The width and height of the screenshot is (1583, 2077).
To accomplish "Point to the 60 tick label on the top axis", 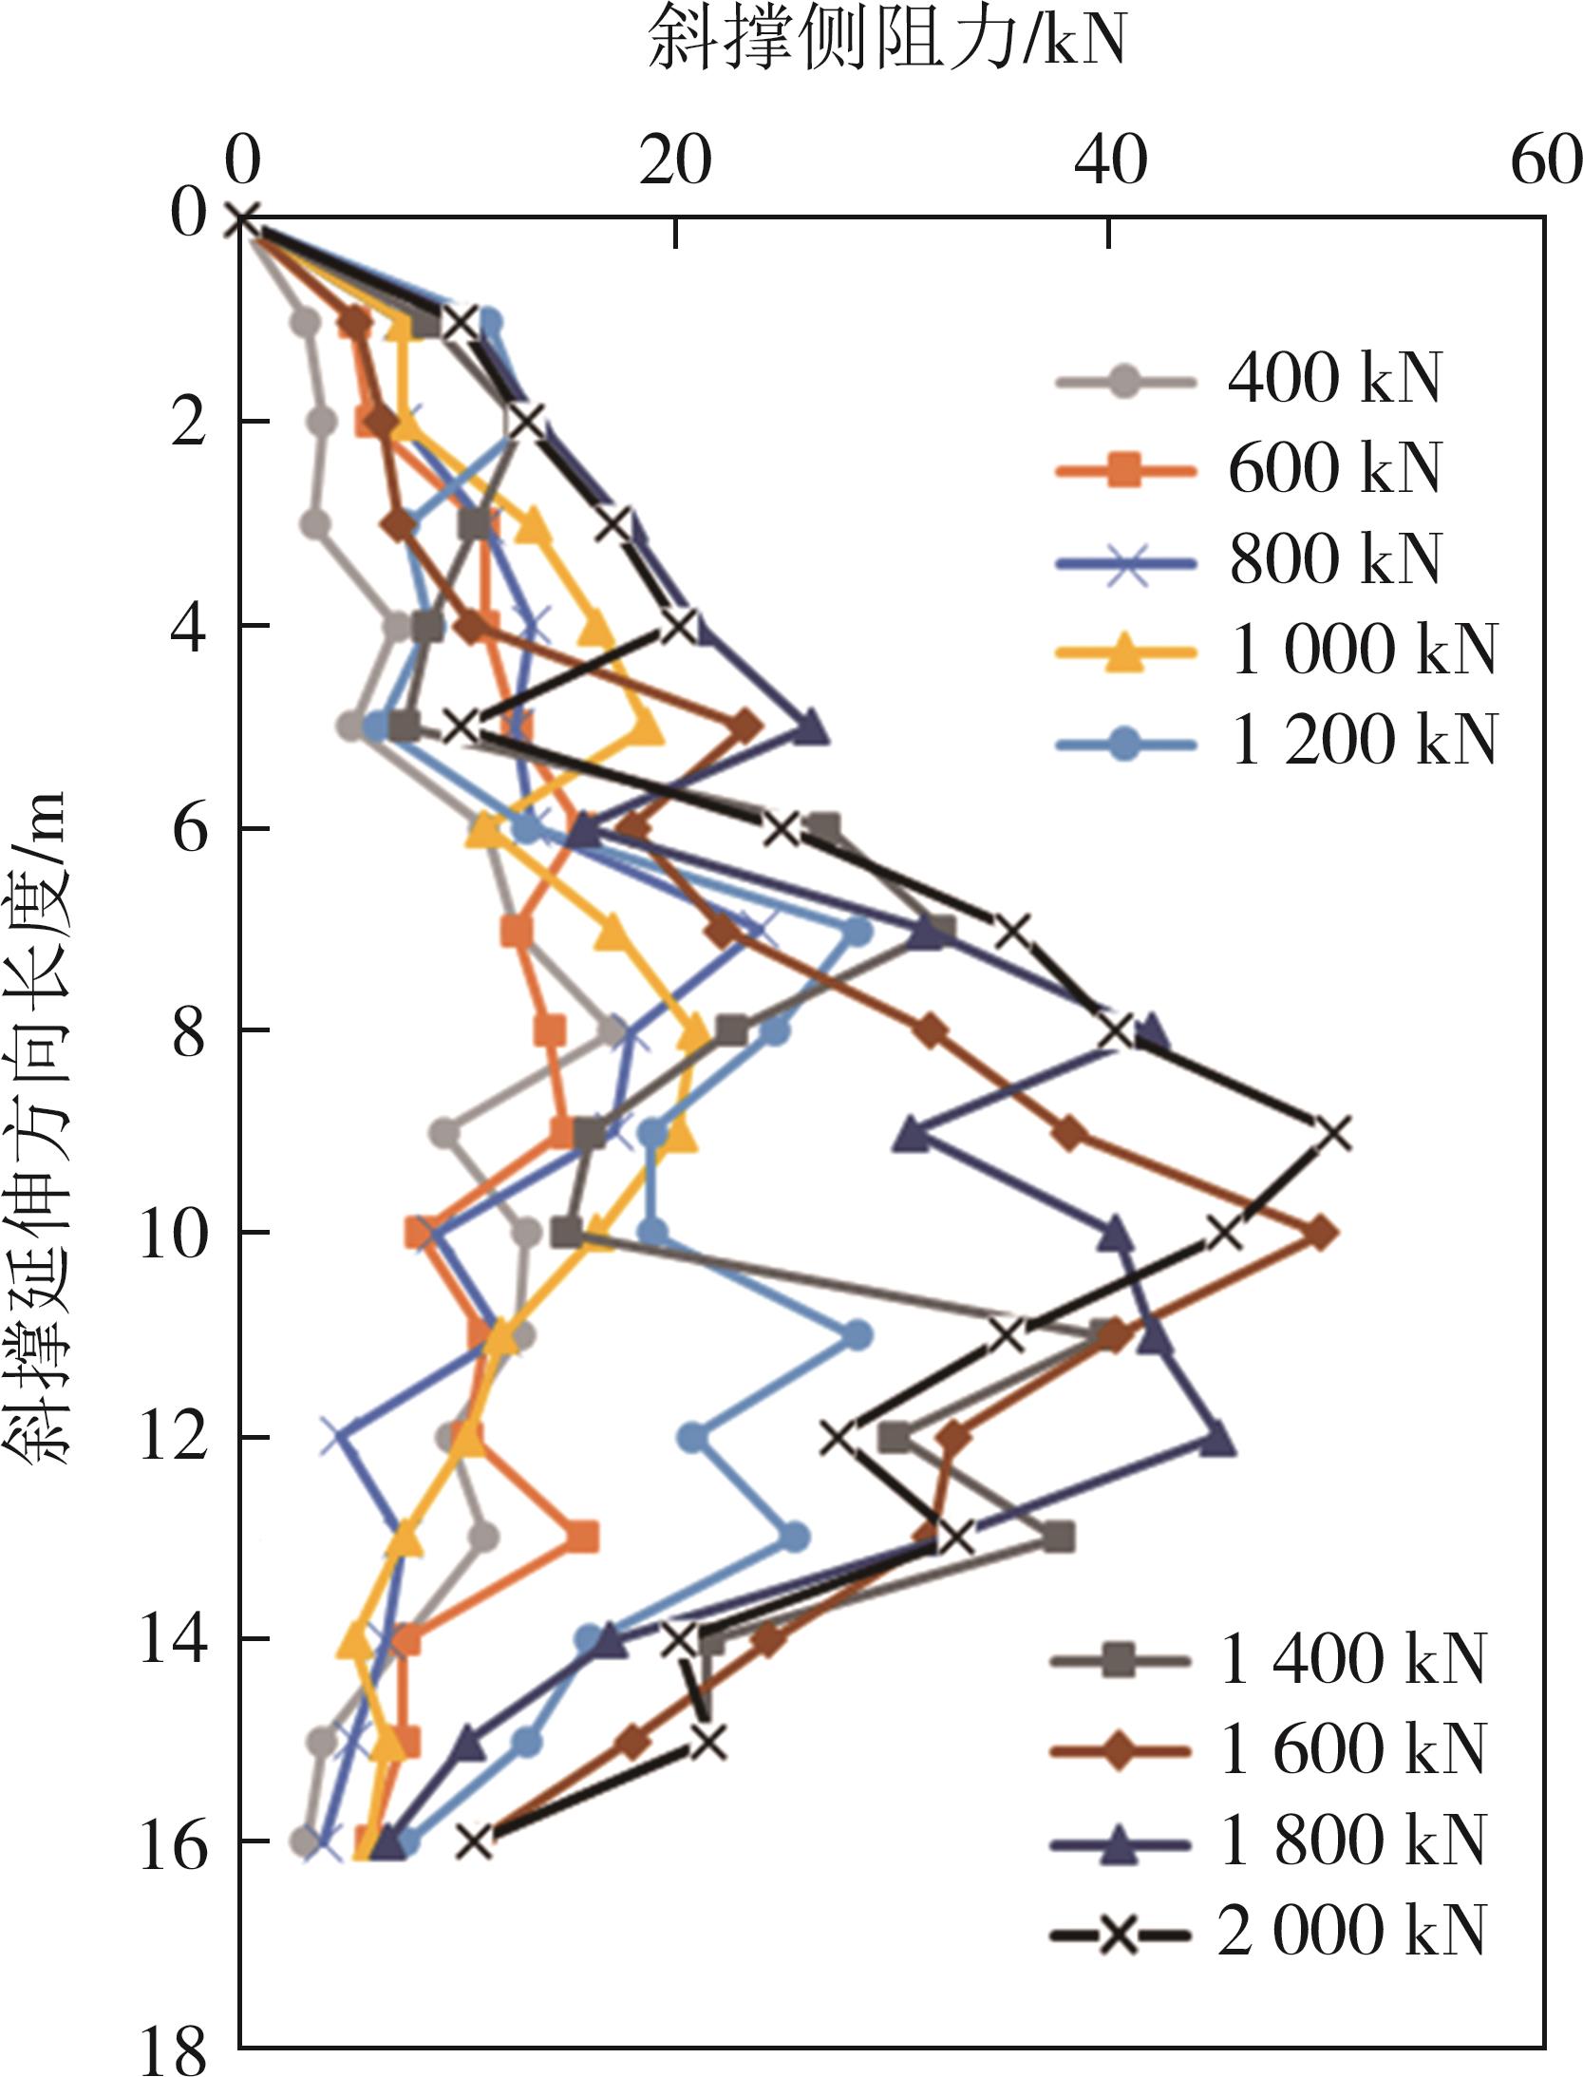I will pos(1546,161).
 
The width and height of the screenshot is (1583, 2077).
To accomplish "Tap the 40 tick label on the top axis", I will pos(1110,161).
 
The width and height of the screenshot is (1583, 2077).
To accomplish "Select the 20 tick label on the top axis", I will pos(675,161).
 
